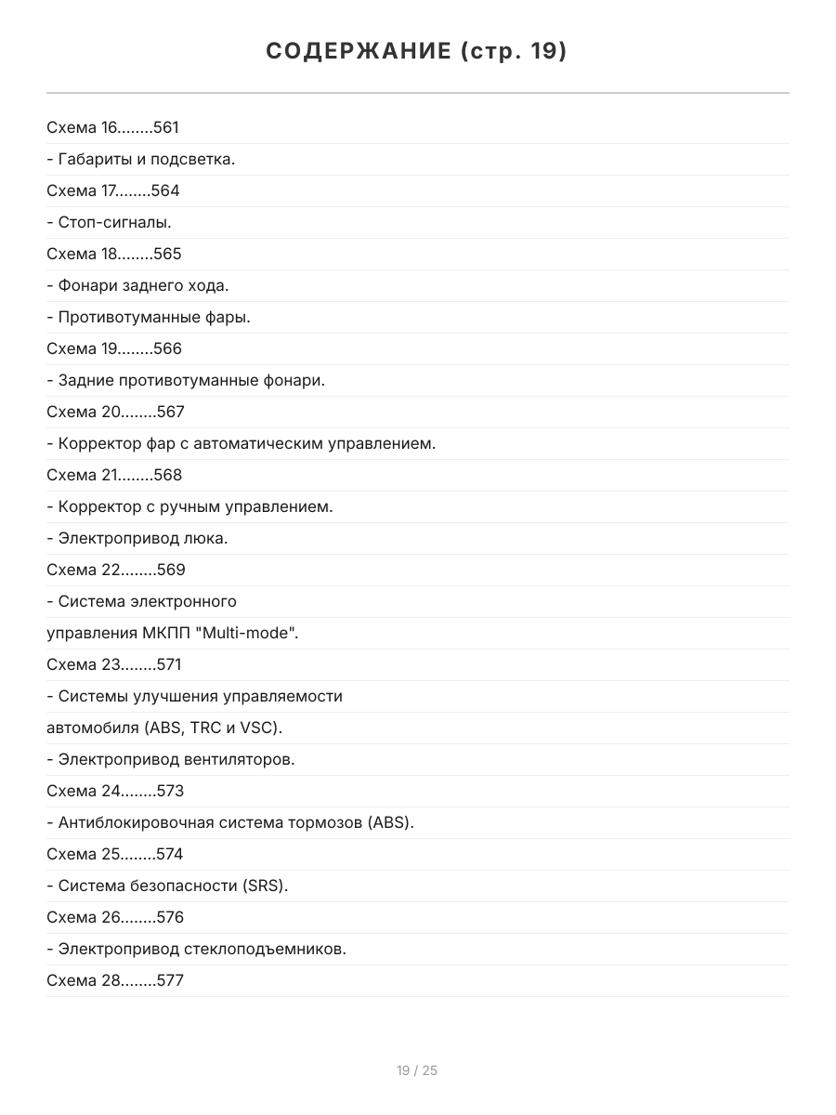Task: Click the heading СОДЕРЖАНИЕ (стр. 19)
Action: [x=417, y=51]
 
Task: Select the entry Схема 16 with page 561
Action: [x=112, y=127]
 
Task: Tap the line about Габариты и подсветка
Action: [x=141, y=159]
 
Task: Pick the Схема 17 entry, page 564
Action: [x=113, y=190]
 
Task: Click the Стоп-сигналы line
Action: [x=110, y=222]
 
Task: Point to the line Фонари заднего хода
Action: [x=137, y=285]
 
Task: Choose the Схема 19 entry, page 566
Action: [x=114, y=348]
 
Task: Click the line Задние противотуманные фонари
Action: [x=186, y=380]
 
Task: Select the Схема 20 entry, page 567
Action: [x=116, y=412]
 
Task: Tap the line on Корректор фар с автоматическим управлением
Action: [x=241, y=443]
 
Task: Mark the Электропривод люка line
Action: [x=137, y=538]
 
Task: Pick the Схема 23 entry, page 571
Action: [x=114, y=664]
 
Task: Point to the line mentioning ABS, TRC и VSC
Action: [x=164, y=728]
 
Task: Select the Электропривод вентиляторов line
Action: [x=171, y=759]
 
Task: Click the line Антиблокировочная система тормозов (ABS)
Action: [x=230, y=822]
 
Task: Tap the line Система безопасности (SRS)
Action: [x=167, y=885]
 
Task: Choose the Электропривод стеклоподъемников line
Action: [x=196, y=949]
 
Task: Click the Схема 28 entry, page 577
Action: [x=115, y=980]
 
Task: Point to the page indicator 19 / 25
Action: [x=417, y=1070]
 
